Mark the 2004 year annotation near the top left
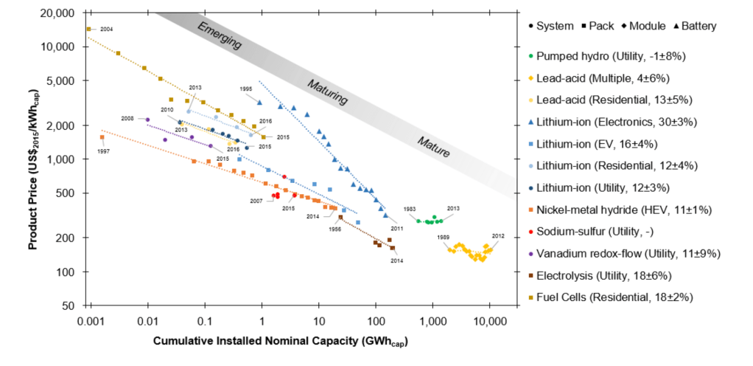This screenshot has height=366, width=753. pos(106,30)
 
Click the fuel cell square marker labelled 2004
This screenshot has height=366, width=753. pos(88,30)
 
